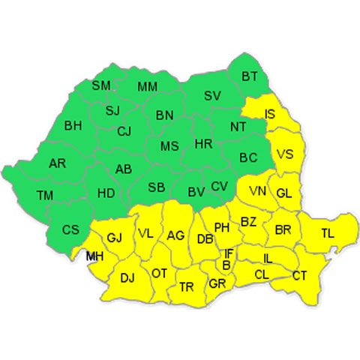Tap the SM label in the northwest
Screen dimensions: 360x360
(x=101, y=85)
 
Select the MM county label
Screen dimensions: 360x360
(x=147, y=86)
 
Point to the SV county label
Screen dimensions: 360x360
(x=212, y=96)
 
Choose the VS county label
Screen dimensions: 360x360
(x=285, y=154)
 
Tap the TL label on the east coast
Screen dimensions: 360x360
(x=328, y=232)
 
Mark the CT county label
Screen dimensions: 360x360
(x=300, y=275)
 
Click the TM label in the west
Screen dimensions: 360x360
(x=45, y=196)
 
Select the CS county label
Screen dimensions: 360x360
(x=70, y=229)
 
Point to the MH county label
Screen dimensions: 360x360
(x=95, y=256)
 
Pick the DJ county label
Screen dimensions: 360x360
(x=127, y=278)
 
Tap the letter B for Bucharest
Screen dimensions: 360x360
(x=226, y=265)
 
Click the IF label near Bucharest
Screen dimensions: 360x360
(x=229, y=253)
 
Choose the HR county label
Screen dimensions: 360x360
(x=202, y=143)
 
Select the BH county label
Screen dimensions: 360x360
(x=73, y=125)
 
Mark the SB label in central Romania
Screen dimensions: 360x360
(x=157, y=187)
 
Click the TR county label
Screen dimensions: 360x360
(x=187, y=286)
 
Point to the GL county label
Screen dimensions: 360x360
(x=283, y=193)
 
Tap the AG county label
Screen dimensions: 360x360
(x=175, y=235)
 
